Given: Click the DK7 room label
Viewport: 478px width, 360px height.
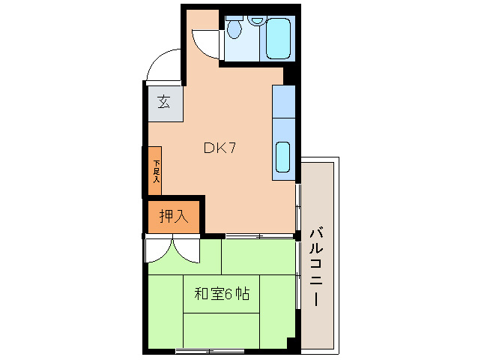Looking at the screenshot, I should pyautogui.click(x=220, y=148).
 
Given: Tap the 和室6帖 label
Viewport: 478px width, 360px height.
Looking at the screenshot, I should pyautogui.click(x=222, y=294).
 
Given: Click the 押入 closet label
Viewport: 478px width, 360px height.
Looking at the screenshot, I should pyautogui.click(x=173, y=217).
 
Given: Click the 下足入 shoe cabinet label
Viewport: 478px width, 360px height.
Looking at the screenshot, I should pyautogui.click(x=157, y=172).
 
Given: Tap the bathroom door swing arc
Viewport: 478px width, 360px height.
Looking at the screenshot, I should pyautogui.click(x=203, y=40).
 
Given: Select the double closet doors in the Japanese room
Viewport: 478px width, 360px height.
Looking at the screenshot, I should pyautogui.click(x=174, y=250).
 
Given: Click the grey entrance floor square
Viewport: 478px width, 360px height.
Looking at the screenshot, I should pyautogui.click(x=163, y=100).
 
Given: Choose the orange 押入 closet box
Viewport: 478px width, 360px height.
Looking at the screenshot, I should pyautogui.click(x=174, y=217).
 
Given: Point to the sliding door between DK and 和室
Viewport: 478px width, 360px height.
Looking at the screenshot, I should pyautogui.click(x=258, y=236).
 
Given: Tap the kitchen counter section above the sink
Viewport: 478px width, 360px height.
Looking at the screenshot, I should pyautogui.click(x=285, y=102).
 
